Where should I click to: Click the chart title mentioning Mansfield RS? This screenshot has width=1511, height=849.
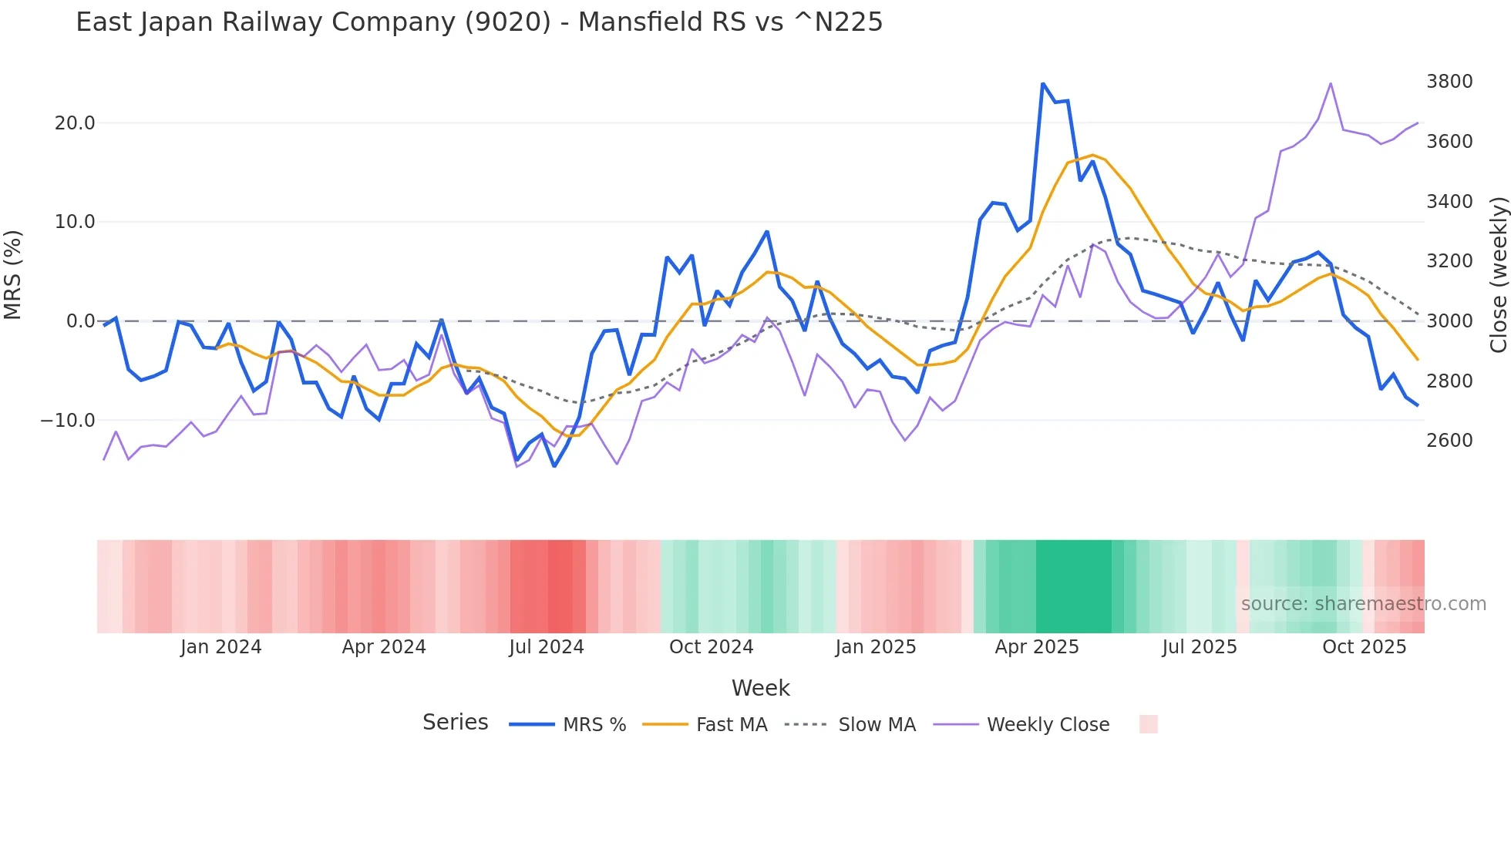click(479, 22)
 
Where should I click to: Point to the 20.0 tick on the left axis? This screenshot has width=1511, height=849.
click(75, 123)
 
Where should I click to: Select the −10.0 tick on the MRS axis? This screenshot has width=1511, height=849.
click(68, 421)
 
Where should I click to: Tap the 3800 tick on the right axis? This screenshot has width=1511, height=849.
click(1449, 82)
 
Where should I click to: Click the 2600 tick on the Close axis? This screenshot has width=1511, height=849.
click(1449, 441)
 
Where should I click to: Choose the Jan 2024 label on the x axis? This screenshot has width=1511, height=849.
click(221, 647)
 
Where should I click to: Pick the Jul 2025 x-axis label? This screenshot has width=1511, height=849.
click(1200, 647)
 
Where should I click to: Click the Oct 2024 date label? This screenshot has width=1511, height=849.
click(711, 647)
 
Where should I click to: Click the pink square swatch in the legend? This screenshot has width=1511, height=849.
click(1148, 724)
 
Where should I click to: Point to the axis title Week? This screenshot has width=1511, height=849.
click(760, 688)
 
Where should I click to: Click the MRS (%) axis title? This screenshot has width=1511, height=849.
click(13, 274)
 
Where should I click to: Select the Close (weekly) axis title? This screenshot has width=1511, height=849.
click(1498, 274)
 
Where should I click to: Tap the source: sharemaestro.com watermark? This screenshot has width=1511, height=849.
click(1363, 604)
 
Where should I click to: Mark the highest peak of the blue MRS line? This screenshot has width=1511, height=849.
click(1042, 83)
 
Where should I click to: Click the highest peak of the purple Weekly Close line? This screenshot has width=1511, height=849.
click(1331, 83)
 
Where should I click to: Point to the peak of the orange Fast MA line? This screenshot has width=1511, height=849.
click(1092, 155)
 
